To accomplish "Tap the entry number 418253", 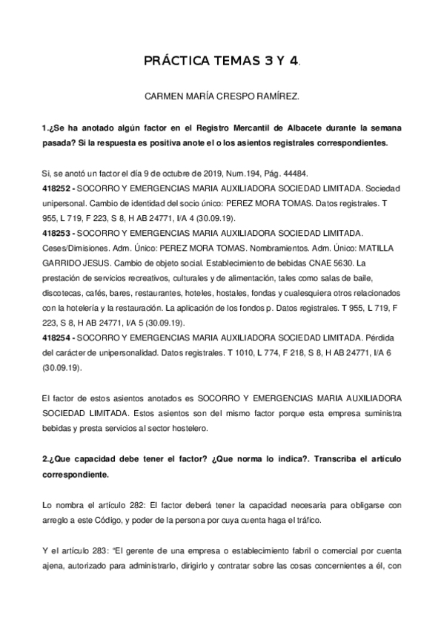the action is point(57,233).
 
